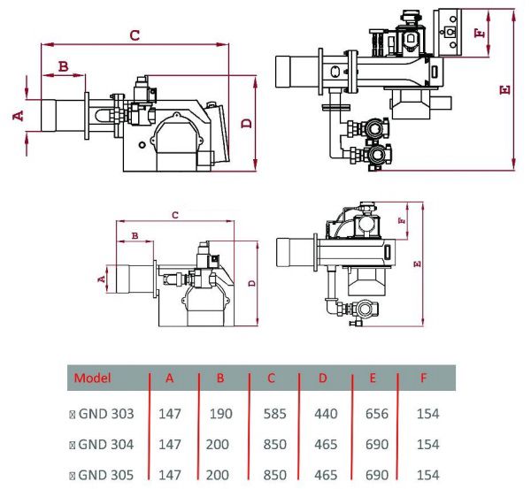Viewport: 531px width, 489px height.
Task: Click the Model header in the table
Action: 93,378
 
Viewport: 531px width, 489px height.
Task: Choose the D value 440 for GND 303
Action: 327,413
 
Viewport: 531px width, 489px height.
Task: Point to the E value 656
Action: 377,413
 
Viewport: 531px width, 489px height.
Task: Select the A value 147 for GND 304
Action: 170,444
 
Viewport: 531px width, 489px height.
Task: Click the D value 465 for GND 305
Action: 327,475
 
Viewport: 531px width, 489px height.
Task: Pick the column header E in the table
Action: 373,378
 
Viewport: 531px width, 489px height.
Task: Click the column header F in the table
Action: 424,378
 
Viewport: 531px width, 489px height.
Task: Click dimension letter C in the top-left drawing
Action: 135,35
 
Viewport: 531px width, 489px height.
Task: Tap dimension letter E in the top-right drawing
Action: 505,90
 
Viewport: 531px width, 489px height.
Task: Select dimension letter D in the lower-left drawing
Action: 251,284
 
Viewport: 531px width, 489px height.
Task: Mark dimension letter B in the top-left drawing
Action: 63,66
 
